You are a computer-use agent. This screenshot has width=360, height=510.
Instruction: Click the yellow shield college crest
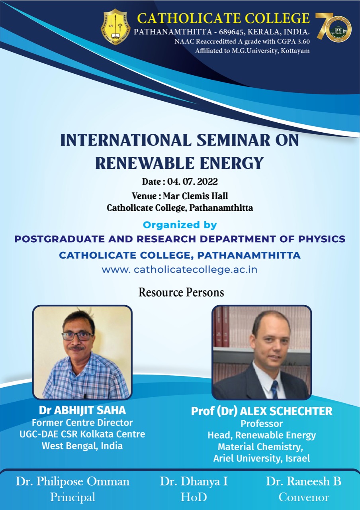[116, 27]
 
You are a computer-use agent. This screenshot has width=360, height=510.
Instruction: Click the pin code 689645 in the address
[231, 31]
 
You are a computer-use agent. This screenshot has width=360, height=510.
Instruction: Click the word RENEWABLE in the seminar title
[145, 163]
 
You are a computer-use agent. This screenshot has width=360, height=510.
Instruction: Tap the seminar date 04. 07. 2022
[192, 182]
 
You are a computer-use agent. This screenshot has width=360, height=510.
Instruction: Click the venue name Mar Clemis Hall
[196, 196]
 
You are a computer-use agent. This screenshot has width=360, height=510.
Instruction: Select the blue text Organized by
[180, 225]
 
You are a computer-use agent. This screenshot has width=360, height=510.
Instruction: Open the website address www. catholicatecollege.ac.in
[180, 270]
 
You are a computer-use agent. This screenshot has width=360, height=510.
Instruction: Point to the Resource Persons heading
[181, 292]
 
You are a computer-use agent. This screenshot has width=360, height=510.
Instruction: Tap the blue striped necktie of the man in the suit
[274, 389]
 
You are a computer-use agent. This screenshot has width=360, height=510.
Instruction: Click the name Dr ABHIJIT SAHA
[82, 410]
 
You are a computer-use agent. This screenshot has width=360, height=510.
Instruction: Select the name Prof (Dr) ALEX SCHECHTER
[262, 411]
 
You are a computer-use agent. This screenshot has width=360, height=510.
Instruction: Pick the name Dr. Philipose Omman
[72, 482]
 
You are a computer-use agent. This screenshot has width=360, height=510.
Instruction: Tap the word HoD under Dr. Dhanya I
[194, 497]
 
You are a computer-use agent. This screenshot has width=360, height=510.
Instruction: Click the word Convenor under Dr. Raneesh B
[304, 498]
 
